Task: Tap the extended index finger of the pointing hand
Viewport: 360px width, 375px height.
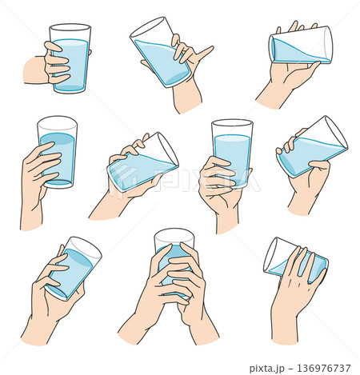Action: click(x=205, y=53)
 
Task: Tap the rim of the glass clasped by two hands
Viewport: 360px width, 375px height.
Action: click(x=174, y=233)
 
